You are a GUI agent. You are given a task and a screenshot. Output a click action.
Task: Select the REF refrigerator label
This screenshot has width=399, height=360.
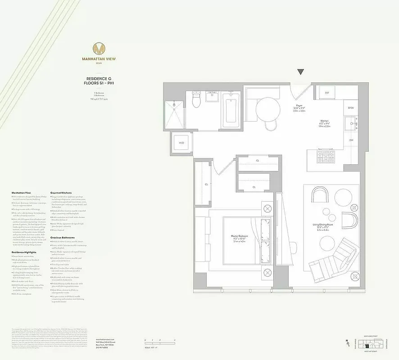click(x=327, y=92)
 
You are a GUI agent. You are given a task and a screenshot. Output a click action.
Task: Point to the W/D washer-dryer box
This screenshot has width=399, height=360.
click(x=182, y=143)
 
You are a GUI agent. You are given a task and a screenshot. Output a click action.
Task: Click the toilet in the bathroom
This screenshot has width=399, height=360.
click(x=196, y=99)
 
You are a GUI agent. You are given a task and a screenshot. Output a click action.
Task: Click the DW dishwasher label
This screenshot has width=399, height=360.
click(x=351, y=140)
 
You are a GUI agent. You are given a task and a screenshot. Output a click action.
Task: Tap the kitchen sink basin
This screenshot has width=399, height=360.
click(x=350, y=122)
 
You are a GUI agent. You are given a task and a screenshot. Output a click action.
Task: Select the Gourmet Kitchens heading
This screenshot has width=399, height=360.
click(x=61, y=193)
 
